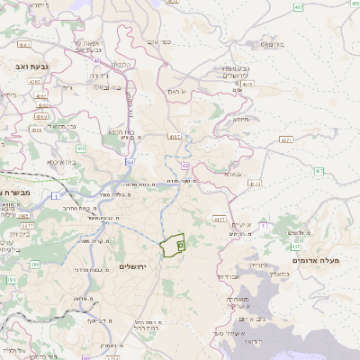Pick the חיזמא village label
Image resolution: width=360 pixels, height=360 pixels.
click(242, 120)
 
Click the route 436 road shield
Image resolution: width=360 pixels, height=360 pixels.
click(82, 148)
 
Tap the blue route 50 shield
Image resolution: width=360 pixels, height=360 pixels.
click(130, 162)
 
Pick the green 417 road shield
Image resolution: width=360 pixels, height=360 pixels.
click(295, 246)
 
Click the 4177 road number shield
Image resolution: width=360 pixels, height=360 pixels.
click(219, 219)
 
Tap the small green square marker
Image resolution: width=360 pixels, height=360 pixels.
click(180, 244)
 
